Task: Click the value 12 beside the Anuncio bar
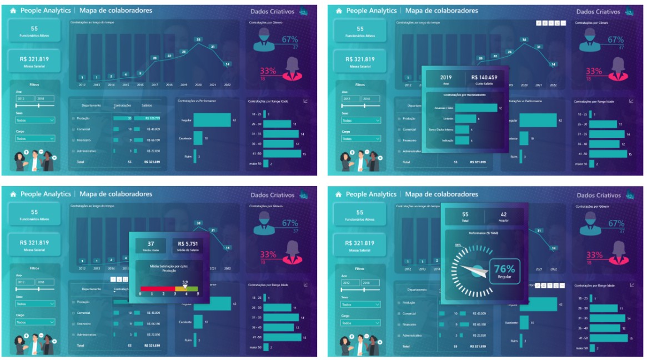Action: (501, 108)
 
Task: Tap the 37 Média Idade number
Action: (151, 243)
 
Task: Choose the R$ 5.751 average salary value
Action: (188, 243)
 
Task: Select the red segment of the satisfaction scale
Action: (157, 289)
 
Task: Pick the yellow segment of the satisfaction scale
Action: (182, 289)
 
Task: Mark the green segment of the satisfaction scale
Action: (193, 289)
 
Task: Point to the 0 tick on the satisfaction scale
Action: (140, 294)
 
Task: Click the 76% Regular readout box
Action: (504, 271)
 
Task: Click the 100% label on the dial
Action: (458, 244)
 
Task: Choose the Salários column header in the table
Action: (147, 105)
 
